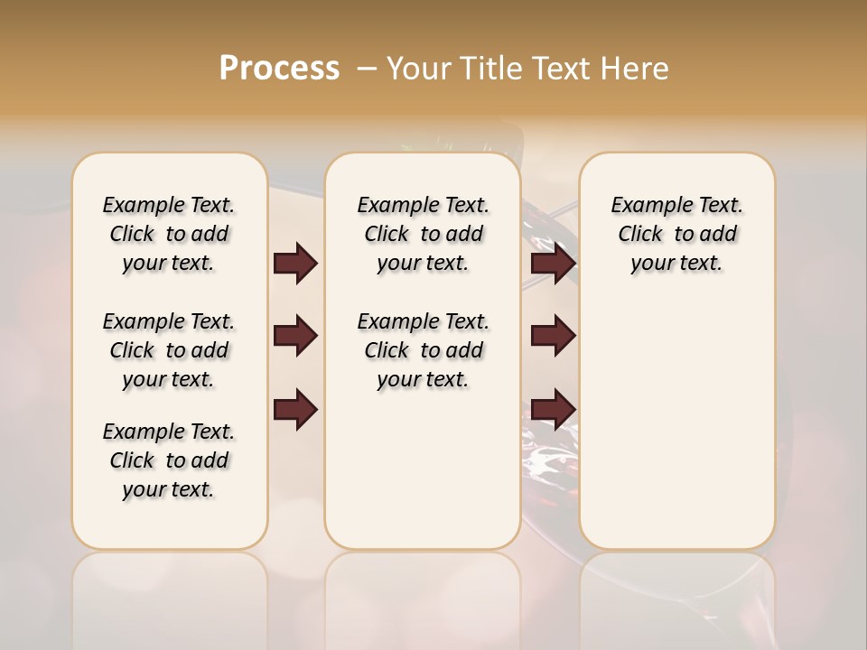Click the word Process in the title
[279, 69]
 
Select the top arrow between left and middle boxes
[295, 264]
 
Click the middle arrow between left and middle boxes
[295, 336]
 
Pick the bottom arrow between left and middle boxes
[295, 410]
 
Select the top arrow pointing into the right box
[553, 264]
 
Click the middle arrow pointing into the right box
[553, 336]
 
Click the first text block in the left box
[169, 234]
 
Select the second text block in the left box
[169, 350]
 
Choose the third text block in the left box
[169, 460]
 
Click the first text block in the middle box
[423, 234]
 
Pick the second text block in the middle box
[423, 350]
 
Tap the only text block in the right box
[676, 234]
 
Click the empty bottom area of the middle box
[423, 478]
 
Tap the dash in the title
[367, 69]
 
